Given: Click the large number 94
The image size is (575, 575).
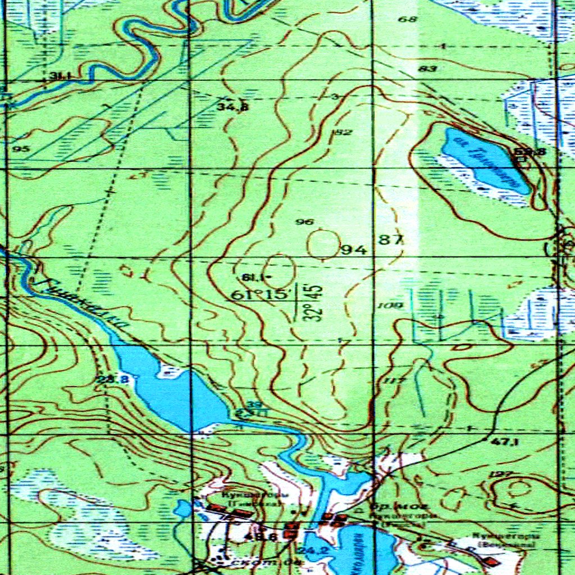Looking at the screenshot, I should (354, 249).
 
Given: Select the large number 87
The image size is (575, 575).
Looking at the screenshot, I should (391, 240).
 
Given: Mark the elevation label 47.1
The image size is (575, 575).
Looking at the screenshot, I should (505, 442).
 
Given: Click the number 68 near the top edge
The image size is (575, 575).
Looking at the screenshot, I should (408, 20).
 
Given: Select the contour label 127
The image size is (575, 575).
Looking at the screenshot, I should (498, 475).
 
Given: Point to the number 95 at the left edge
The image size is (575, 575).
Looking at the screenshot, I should (23, 149).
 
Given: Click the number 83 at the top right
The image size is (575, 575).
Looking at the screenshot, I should (427, 69).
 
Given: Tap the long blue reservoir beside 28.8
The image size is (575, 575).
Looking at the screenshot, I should (168, 390).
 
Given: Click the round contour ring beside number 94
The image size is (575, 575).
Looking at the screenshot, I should (323, 243).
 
